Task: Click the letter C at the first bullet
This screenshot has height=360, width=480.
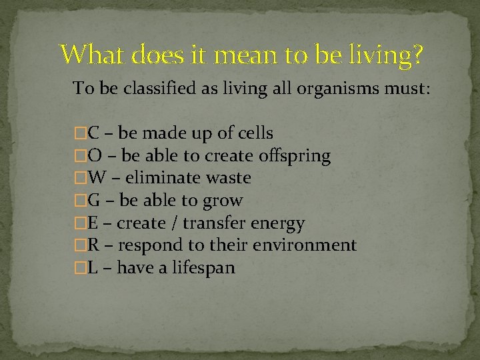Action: click(x=94, y=133)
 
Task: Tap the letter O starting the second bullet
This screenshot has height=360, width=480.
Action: click(x=95, y=156)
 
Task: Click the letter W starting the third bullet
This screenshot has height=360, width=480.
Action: click(x=97, y=178)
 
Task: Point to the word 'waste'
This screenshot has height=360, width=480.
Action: click(x=228, y=178)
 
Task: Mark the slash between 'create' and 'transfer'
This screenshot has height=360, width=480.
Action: click(x=175, y=223)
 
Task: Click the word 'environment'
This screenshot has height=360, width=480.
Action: click(x=304, y=245)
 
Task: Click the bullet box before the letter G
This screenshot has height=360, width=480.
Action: click(x=81, y=201)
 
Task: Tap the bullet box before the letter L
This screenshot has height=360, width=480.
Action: click(x=81, y=268)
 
